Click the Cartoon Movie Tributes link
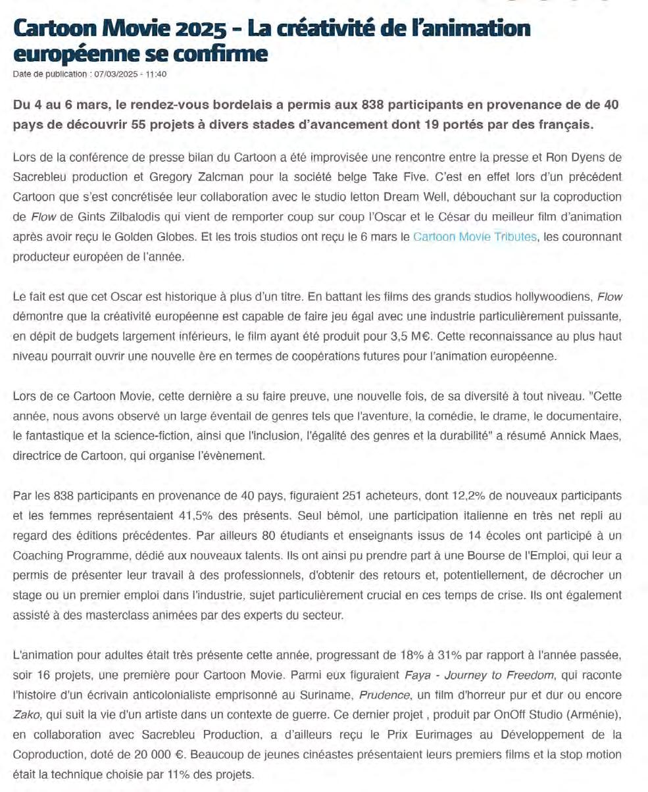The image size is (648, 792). tap(474, 237)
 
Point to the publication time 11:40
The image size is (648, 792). tap(156, 74)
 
